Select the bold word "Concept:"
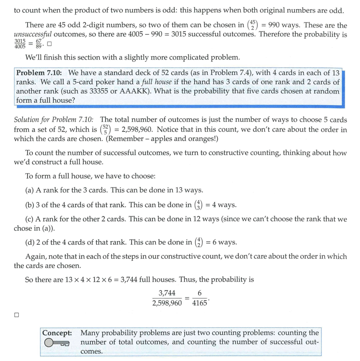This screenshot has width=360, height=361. click(x=57, y=333)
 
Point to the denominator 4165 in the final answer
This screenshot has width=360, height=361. click(x=199, y=303)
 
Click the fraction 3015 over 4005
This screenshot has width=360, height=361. click(x=20, y=44)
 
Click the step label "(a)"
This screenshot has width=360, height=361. click(x=30, y=190)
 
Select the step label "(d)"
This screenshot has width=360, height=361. click(x=30, y=242)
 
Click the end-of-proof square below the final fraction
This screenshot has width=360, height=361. click(x=16, y=315)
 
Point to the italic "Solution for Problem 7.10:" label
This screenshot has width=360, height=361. click(x=54, y=120)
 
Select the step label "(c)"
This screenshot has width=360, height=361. click(x=30, y=219)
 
